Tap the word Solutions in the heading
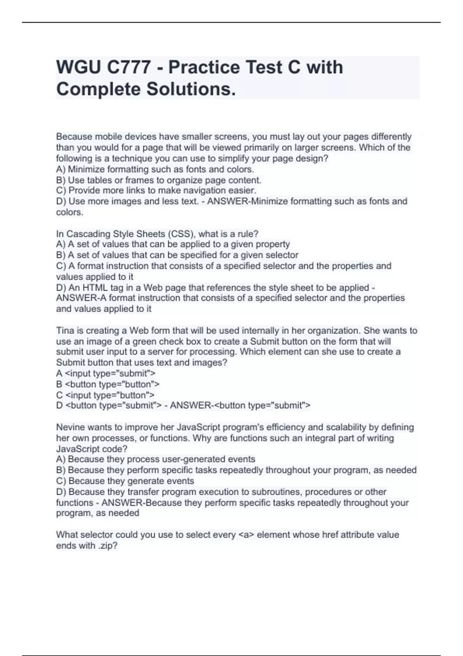[x=190, y=90]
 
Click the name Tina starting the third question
[x=64, y=331]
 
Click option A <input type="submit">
[x=106, y=374]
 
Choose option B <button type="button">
[x=108, y=384]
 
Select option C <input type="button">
[x=105, y=395]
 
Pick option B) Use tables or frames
[x=159, y=180]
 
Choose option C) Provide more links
[x=156, y=191]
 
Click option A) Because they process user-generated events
[x=155, y=459]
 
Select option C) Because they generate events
[x=125, y=481]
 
